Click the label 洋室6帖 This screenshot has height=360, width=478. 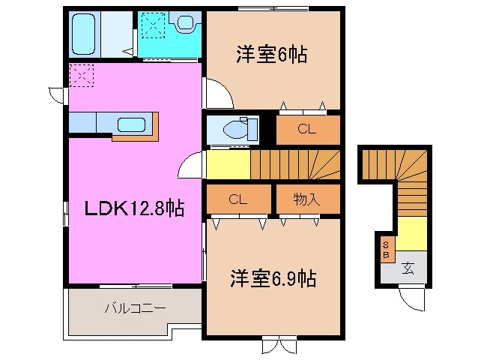click(x=272, y=55)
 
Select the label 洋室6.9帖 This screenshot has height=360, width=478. click(x=272, y=279)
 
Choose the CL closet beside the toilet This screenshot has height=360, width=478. click(x=306, y=129)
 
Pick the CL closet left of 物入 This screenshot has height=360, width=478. click(x=238, y=199)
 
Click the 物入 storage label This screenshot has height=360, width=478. click(x=306, y=199)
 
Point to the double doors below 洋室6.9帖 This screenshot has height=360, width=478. click(x=274, y=346)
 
